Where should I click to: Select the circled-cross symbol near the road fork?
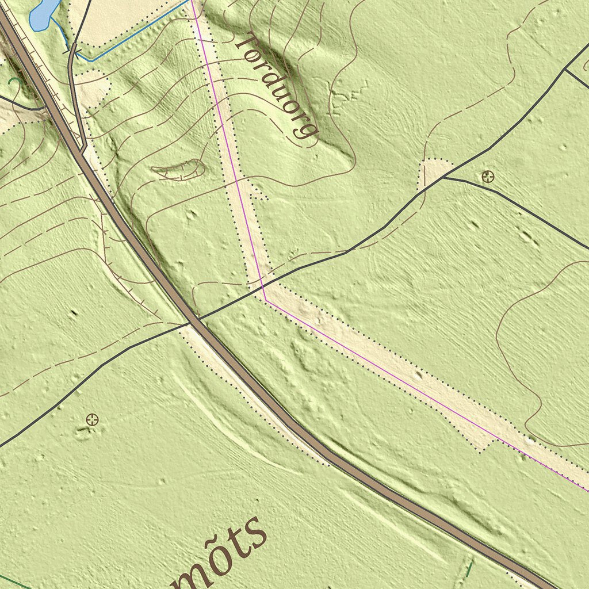[x=488, y=176]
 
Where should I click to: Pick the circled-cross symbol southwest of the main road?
[x=91, y=419]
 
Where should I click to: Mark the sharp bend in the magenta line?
[x=265, y=299]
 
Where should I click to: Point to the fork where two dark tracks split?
[x=443, y=177]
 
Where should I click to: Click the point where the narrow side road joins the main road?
[x=84, y=151]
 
